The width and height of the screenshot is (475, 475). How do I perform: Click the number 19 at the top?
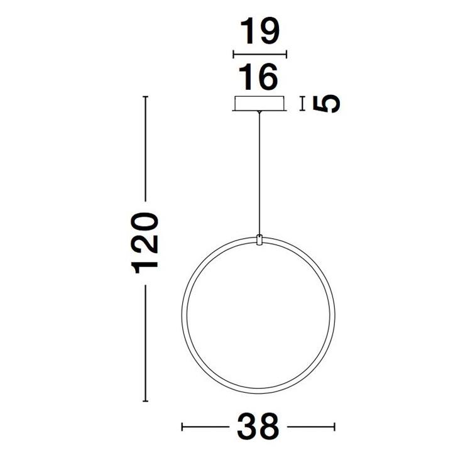(259, 32)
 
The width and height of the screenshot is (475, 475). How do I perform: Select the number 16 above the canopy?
(259, 78)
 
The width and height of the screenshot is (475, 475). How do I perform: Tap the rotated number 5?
(327, 104)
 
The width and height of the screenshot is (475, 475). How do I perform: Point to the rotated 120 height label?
(146, 243)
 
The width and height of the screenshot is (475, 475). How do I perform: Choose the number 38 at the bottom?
(258, 427)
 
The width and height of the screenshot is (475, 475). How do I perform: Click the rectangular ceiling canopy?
(259, 104)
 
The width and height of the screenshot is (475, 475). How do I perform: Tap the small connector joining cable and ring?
(259, 241)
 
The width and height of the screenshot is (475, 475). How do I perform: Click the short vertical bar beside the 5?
(303, 104)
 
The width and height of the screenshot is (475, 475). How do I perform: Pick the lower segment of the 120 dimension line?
(146, 343)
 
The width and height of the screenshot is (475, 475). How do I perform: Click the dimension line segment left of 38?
(205, 427)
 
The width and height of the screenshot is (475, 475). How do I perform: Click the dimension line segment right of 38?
(312, 427)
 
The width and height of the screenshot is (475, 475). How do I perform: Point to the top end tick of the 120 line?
(146, 97)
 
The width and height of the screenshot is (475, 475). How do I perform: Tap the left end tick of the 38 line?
(182, 427)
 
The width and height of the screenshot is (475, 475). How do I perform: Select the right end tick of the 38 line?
(335, 427)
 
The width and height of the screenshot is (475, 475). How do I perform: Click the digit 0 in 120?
(146, 224)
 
